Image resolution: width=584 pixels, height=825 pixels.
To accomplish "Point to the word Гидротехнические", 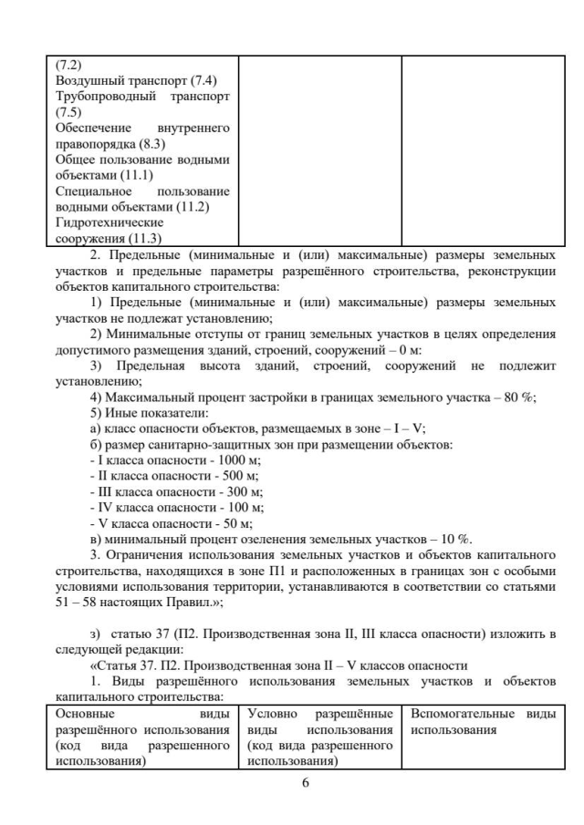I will click(109, 222).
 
